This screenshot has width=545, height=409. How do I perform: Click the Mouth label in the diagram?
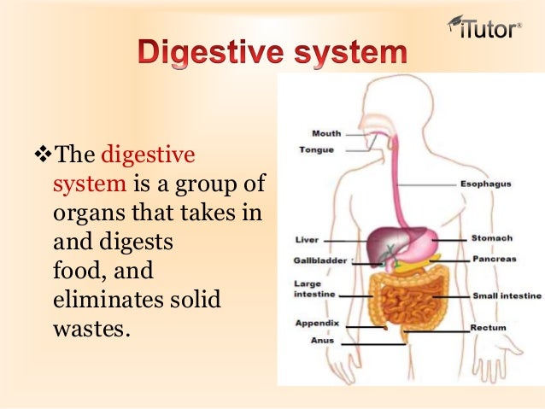(x=326, y=133)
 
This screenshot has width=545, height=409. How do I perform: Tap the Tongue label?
(x=316, y=149)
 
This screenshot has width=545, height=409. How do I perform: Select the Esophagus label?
(x=485, y=184)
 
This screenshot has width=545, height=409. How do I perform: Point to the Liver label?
(x=306, y=240)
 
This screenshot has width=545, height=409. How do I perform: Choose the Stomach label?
(x=491, y=238)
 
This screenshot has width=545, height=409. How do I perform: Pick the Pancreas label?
(x=494, y=259)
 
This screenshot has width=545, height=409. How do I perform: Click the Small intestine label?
(x=507, y=295)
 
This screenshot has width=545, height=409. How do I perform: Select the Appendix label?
(x=317, y=323)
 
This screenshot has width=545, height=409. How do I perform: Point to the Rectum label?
(x=489, y=326)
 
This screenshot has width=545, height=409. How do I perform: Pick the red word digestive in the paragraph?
(x=148, y=156)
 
